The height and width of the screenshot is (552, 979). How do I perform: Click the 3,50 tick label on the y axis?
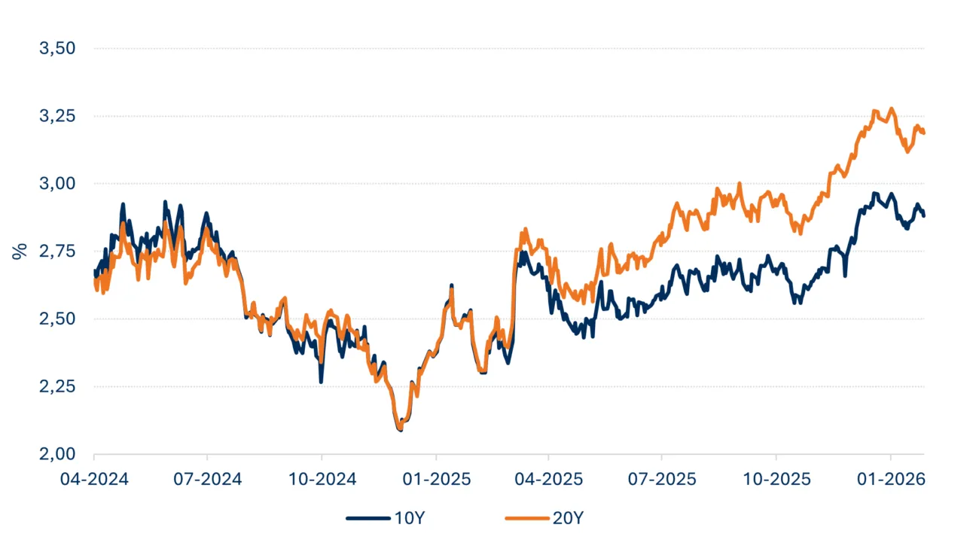pos(57,49)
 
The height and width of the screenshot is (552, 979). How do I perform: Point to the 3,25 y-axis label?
pos(57,117)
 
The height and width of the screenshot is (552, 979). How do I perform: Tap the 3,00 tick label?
pos(57,184)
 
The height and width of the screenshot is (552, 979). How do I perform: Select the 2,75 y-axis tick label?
pos(57,252)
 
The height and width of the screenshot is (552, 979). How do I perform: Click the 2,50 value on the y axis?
pos(57,319)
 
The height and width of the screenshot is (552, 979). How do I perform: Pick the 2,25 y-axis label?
pos(57,387)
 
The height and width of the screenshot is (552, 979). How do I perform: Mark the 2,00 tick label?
pos(57,454)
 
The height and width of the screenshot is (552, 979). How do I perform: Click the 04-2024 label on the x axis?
pos(94,478)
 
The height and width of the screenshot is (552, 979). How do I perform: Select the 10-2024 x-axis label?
pos(322,478)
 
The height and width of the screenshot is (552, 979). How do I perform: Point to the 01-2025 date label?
pos(436,478)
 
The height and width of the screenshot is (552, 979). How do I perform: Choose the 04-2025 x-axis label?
pos(548,478)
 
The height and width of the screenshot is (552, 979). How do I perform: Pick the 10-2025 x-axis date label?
pos(776,478)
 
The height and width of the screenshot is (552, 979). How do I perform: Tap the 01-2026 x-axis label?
pos(891,478)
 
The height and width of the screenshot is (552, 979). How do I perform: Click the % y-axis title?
pos(19,252)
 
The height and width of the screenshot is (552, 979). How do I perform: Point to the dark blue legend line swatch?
pos(367,518)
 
